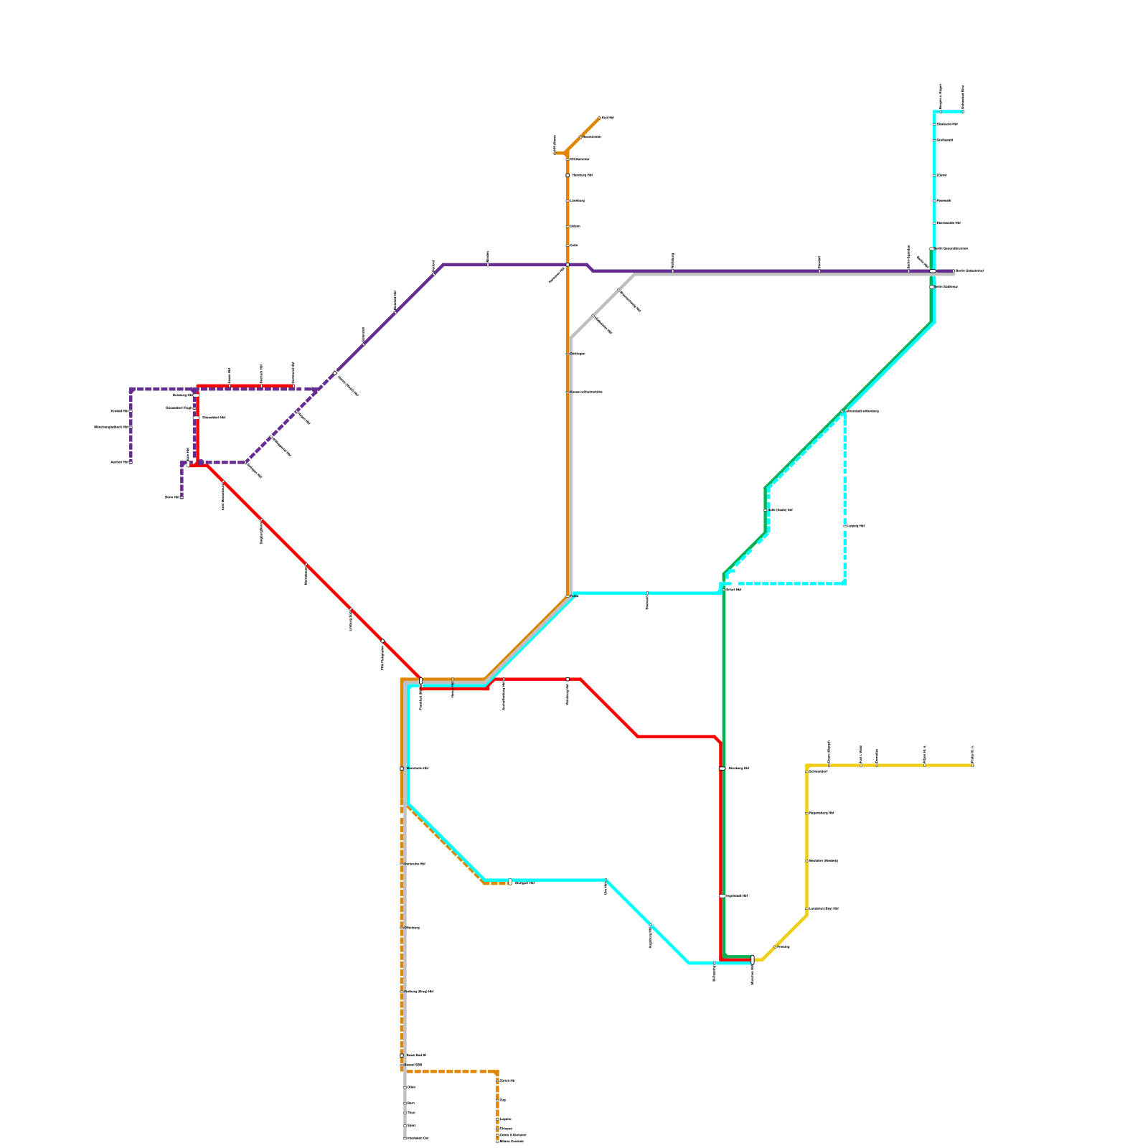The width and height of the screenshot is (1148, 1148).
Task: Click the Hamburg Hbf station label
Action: pos(582,175)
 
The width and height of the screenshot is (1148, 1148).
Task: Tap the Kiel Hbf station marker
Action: pos(600,118)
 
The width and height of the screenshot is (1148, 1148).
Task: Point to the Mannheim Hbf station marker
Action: pos(402,768)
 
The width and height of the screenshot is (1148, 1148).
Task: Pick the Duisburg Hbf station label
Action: pos(183,395)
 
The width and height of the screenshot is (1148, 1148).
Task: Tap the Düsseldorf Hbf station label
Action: pos(214,418)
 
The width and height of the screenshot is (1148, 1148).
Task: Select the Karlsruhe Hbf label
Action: pos(415,864)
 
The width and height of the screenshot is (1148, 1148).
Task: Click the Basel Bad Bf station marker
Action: pos(402,1055)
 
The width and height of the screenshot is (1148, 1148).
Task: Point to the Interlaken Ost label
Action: pos(418,1138)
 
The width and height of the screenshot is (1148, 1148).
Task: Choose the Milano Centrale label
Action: pos(512,1141)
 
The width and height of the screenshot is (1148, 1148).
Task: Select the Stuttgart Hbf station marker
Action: pos(510,882)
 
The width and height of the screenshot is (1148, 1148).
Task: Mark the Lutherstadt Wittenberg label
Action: pos(862,411)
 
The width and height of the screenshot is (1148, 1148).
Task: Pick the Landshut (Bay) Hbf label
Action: pos(824,909)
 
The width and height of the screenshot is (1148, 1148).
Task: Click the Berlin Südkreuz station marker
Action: pos(932,287)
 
